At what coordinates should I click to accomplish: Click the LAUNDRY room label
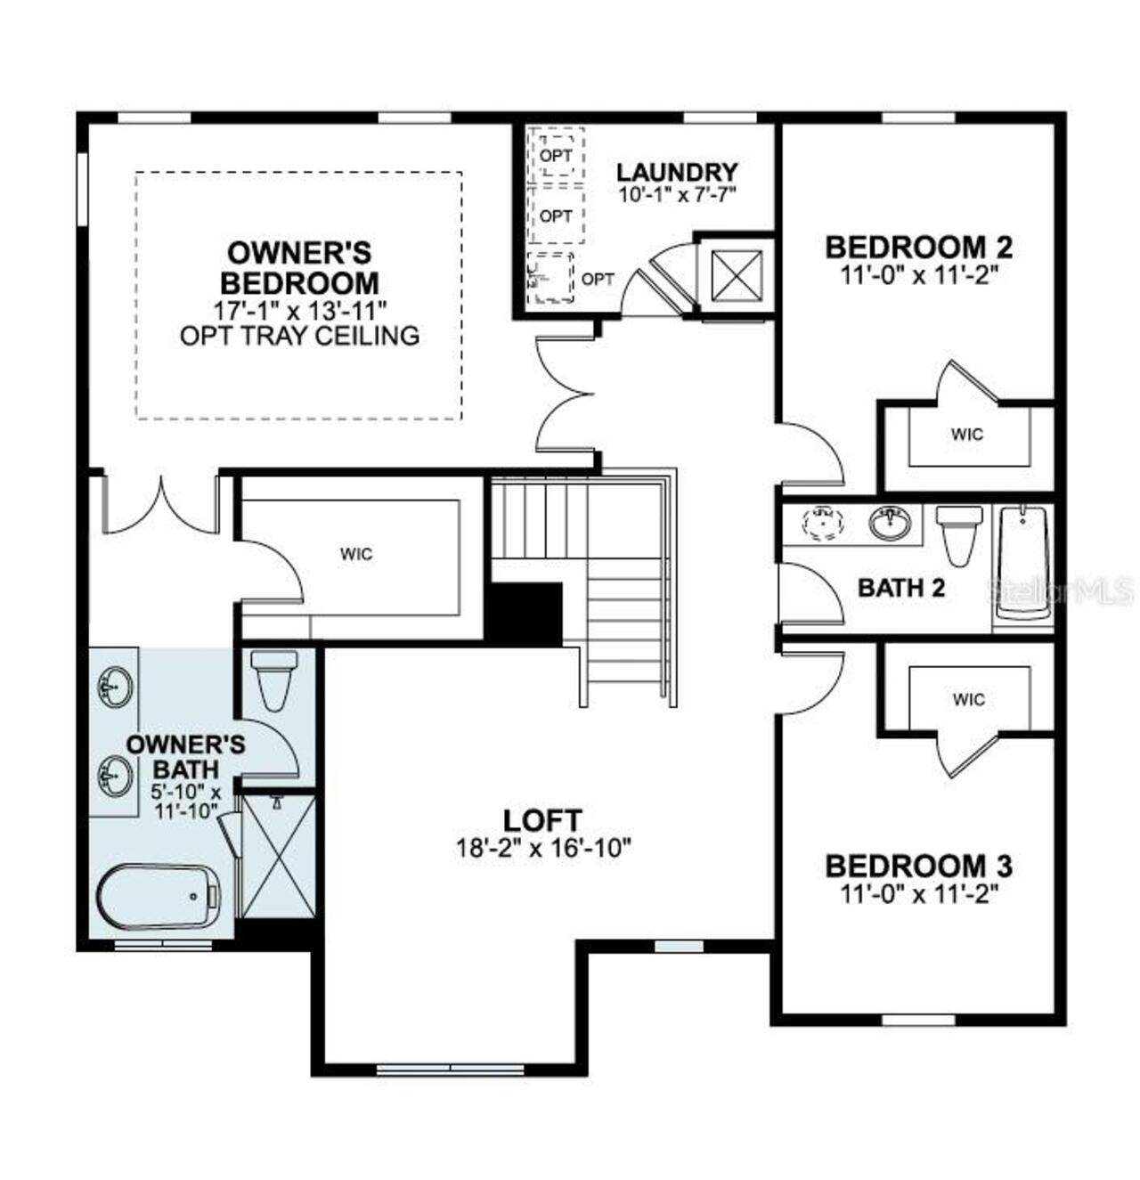pos(677,172)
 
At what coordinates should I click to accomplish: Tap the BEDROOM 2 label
pos(918,246)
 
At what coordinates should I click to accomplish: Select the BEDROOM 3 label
pos(918,865)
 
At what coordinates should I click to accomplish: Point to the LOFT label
pos(542,819)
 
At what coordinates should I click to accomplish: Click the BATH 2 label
pos(900,588)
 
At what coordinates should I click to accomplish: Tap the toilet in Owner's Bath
pos(273,679)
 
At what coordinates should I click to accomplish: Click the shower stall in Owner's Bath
pos(279,856)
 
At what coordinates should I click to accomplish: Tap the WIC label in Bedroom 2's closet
pos(967,435)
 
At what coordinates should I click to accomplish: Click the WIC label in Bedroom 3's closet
pos(967,699)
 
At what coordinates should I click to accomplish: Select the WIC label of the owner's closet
pos(356,554)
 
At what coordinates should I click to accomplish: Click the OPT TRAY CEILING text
pos(299,336)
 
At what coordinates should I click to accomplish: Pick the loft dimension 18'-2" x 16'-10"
pos(543,847)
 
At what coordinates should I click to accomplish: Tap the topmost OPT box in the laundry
pos(556,155)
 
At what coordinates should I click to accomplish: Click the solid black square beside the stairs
pos(525,614)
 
